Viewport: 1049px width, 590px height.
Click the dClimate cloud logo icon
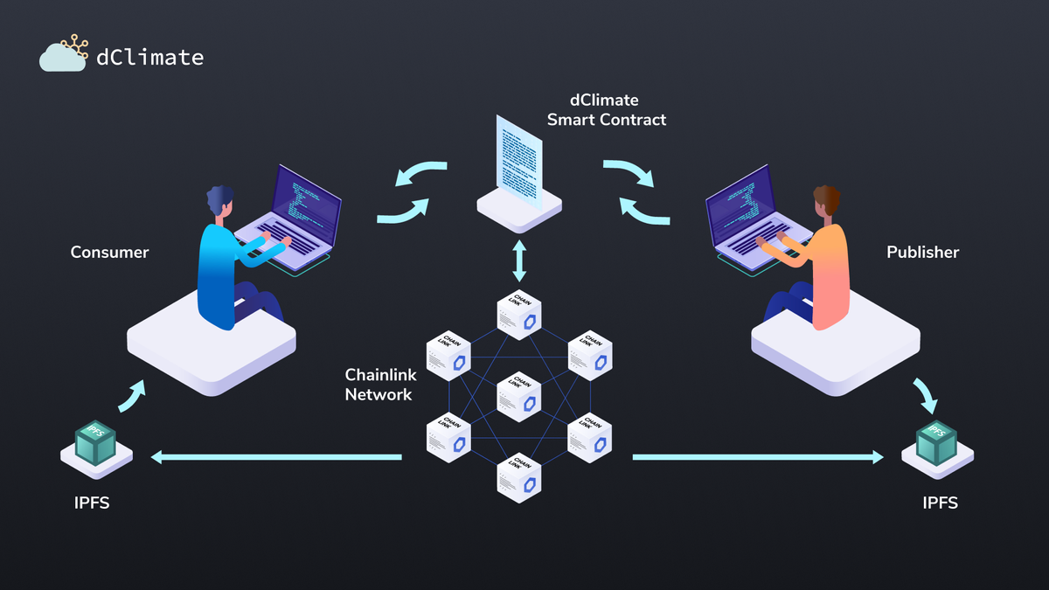[x=62, y=54]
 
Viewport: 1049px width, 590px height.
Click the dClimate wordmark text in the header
[x=149, y=58]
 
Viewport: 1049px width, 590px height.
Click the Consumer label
[x=109, y=253]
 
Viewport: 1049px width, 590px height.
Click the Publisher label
[x=922, y=253]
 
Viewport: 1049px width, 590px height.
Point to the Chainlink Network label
[x=380, y=385]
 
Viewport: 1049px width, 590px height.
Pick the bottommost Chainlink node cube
[x=519, y=477]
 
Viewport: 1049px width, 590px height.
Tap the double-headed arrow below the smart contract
[x=519, y=260]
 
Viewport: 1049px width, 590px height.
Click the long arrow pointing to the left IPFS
[x=276, y=456]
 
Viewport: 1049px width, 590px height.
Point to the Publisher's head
[x=825, y=200]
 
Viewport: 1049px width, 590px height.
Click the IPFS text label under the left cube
[x=92, y=503]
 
